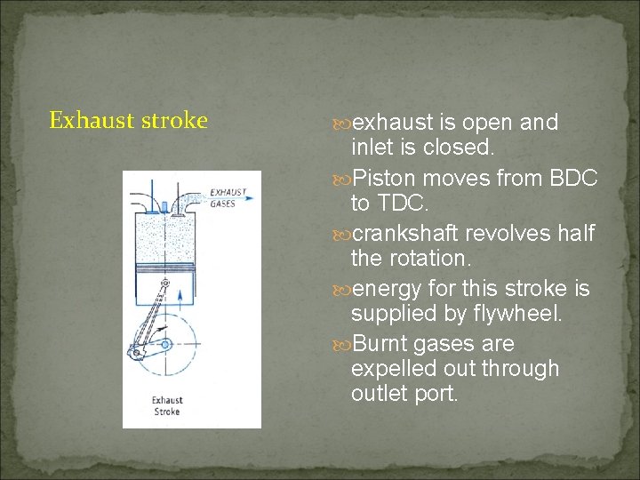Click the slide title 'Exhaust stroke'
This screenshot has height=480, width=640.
click(128, 120)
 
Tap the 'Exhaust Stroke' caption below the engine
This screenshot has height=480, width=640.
click(166, 406)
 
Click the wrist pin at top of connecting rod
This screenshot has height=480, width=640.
click(163, 283)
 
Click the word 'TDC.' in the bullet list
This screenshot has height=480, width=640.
click(389, 204)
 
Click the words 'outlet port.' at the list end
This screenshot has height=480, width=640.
click(404, 393)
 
